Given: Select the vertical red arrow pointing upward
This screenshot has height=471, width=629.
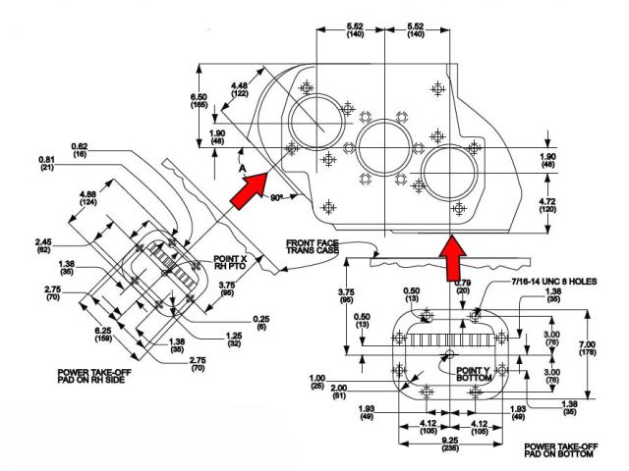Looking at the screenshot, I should (x=451, y=257).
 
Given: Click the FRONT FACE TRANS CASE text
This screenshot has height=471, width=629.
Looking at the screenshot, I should (x=313, y=246).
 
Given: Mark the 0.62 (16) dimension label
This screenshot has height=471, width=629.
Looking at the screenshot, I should (x=80, y=150).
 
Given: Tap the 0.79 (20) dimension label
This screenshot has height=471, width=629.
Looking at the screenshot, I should (x=435, y=288).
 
